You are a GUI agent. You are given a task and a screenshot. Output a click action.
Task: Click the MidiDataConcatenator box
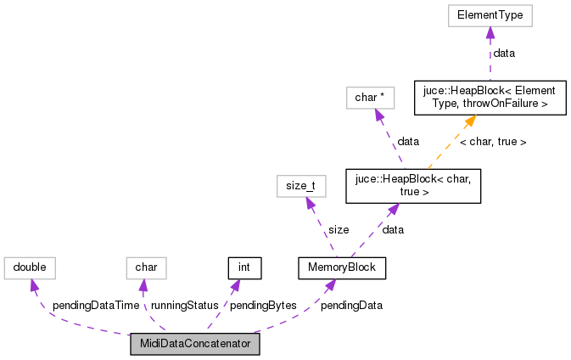[194, 345]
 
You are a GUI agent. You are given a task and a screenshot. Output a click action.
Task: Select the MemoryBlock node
[342, 268]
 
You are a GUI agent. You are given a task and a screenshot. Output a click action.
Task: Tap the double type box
[30, 268]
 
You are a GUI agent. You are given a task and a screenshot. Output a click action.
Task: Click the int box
[244, 268]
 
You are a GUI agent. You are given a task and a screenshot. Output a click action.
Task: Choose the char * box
[370, 98]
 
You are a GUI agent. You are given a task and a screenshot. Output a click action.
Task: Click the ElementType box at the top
[489, 15]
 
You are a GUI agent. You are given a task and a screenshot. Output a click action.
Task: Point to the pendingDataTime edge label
[95, 305]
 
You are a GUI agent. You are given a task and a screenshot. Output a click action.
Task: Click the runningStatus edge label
[184, 305]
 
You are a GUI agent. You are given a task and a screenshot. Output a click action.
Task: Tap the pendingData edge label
[350, 305]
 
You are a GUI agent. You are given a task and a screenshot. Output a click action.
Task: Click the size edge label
[338, 229]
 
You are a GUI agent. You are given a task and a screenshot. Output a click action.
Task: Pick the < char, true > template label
[493, 142]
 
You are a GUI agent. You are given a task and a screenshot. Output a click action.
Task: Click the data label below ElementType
[504, 53]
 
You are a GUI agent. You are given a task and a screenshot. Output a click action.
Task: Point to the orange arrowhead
[468, 121]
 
